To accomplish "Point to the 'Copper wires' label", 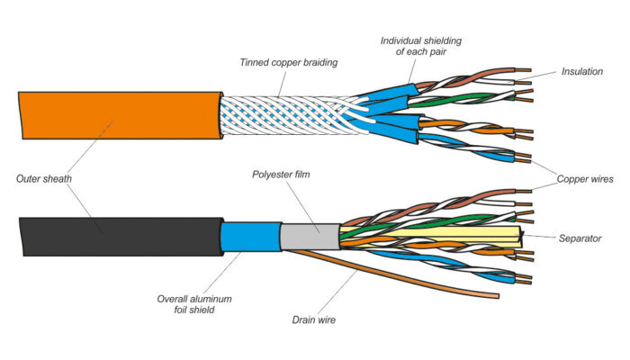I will (x=585, y=180).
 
